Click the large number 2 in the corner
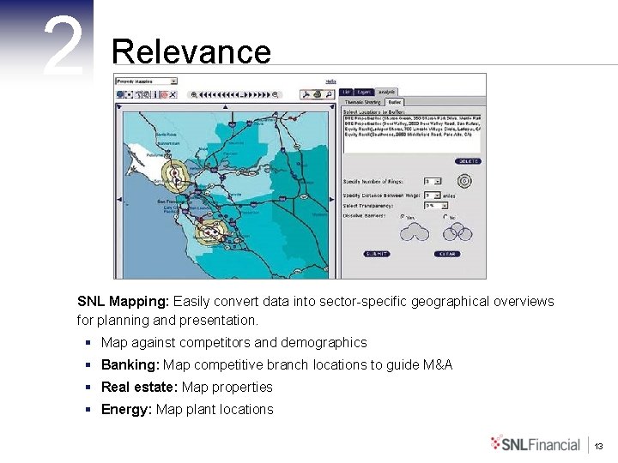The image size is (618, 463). pos(63,47)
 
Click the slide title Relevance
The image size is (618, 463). pos(191,52)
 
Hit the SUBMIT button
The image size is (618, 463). pos(377,254)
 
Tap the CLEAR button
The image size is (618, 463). pos(446,254)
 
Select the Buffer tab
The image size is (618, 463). pos(395,101)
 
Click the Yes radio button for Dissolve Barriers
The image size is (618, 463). pos(401,217)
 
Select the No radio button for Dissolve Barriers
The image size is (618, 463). pos(445,217)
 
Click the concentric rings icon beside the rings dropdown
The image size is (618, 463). pos(464,181)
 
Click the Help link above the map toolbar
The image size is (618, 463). pos(318,81)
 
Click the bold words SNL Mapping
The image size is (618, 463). pos(123,302)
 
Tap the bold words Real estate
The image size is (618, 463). pos(139,388)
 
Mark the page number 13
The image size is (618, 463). pos(599,446)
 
